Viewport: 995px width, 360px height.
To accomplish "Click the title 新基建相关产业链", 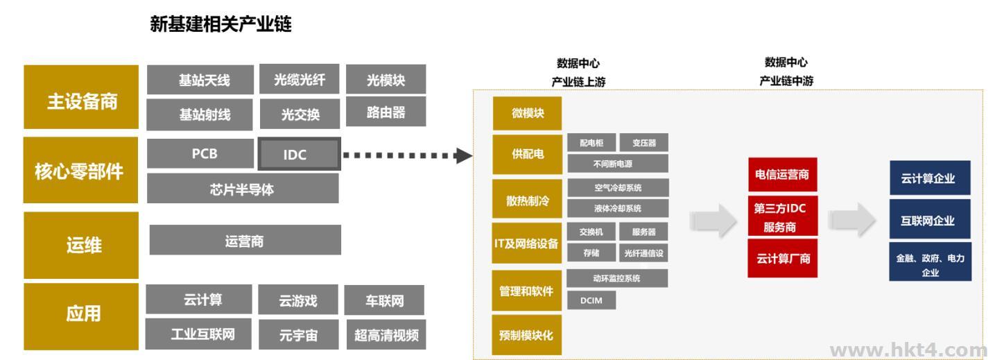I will click(x=221, y=26).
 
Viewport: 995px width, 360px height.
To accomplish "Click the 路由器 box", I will click(x=386, y=112).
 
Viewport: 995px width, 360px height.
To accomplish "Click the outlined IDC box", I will click(x=299, y=155).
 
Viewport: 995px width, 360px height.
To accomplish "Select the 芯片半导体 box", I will click(x=243, y=189).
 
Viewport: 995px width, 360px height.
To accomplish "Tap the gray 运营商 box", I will click(x=245, y=241).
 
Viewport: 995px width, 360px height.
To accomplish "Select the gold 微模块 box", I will click(x=527, y=114).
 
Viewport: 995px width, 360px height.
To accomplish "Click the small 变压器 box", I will click(x=644, y=144).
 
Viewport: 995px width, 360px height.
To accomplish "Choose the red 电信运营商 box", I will click(x=781, y=178).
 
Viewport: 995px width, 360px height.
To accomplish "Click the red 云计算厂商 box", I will click(x=781, y=259).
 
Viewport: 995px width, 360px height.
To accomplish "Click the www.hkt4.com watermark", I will click(x=911, y=350).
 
